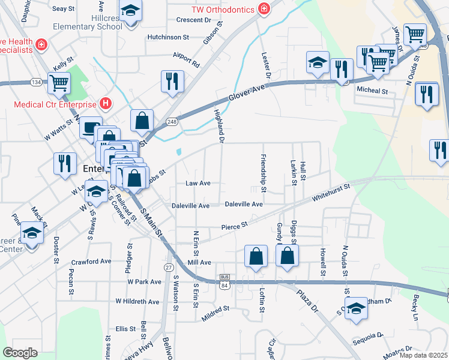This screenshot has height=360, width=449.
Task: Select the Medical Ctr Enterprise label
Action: tap(56, 103)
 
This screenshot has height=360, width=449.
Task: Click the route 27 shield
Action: tap(169, 266)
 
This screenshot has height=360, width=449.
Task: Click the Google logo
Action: tap(20, 353)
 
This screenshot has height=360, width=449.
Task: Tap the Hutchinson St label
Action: tap(168, 37)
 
